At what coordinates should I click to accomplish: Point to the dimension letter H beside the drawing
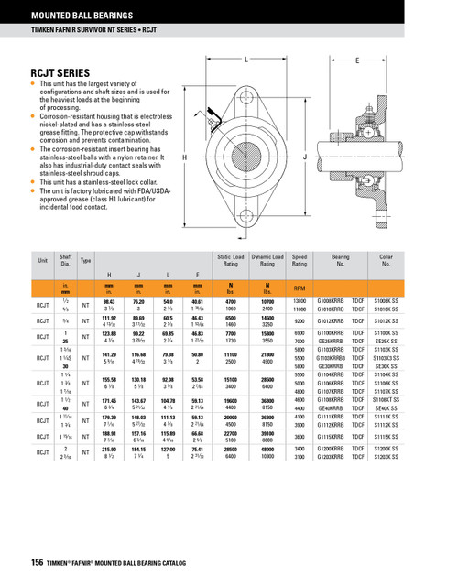tap(186, 157)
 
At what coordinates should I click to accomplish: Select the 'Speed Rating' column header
tap(299, 261)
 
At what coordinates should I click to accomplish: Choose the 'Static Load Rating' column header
tap(231, 261)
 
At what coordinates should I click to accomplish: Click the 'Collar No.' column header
tap(386, 261)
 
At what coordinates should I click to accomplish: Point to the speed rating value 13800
tap(299, 300)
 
